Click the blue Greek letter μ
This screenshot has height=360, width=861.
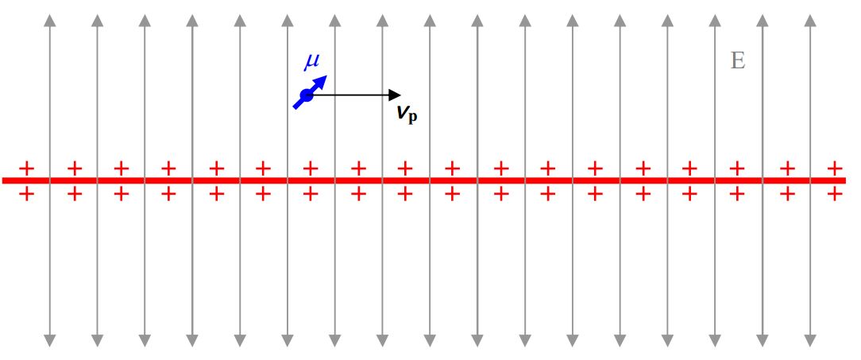312,62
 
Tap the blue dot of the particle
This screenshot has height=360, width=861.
307,95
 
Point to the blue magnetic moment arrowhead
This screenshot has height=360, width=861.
321,82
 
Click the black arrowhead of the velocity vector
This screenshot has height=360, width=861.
395,95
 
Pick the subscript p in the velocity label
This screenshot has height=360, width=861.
412,117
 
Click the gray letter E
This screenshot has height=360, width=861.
738,60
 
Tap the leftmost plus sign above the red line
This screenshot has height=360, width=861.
26,168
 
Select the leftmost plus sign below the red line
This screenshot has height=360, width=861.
26,193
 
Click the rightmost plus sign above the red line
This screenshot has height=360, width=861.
835,168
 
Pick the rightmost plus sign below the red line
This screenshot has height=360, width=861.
835,193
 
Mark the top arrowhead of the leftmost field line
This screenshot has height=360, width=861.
50,20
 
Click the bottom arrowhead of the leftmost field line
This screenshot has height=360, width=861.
50,340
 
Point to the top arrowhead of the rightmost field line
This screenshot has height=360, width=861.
810,20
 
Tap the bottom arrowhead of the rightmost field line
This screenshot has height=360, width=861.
810,340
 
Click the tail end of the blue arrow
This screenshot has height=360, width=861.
295,108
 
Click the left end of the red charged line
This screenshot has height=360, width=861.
2,180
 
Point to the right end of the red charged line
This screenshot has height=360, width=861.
845,180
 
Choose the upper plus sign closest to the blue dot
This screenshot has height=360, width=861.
311,168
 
